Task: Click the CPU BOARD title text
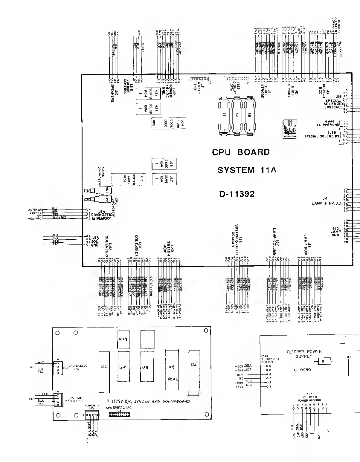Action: tap(241, 152)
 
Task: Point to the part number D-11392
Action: tap(237, 194)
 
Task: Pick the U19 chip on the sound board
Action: tap(123, 339)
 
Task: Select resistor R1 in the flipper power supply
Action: tap(324, 361)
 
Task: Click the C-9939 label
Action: tap(302, 370)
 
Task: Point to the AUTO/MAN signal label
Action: tap(36, 210)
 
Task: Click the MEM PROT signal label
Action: tap(36, 219)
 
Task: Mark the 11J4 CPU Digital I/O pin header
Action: tap(118, 414)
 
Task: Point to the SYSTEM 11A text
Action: tap(247, 170)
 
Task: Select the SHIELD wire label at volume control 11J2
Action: tap(43, 394)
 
